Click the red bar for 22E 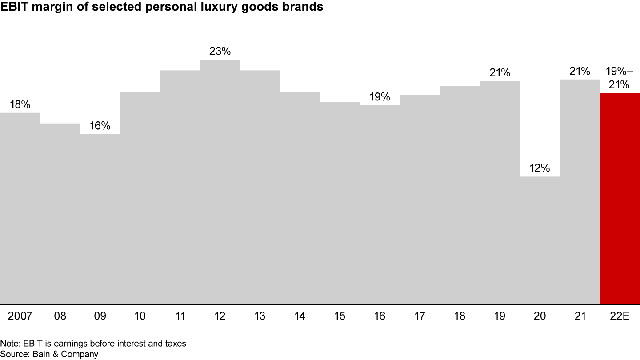620,198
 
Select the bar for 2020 540,240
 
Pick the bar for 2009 100,219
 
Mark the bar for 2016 380,204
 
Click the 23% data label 220,52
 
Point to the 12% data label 540,168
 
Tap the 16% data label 100,126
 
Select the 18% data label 20,104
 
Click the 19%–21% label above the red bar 620,78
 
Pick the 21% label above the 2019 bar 500,72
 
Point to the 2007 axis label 20,316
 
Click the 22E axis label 620,316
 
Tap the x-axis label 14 300,316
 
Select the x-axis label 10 140,316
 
